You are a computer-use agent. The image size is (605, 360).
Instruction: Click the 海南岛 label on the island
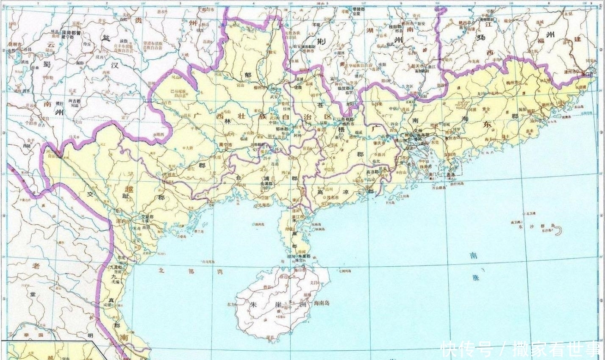click(x=322, y=303)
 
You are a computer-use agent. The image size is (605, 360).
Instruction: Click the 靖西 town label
click(x=159, y=134)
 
